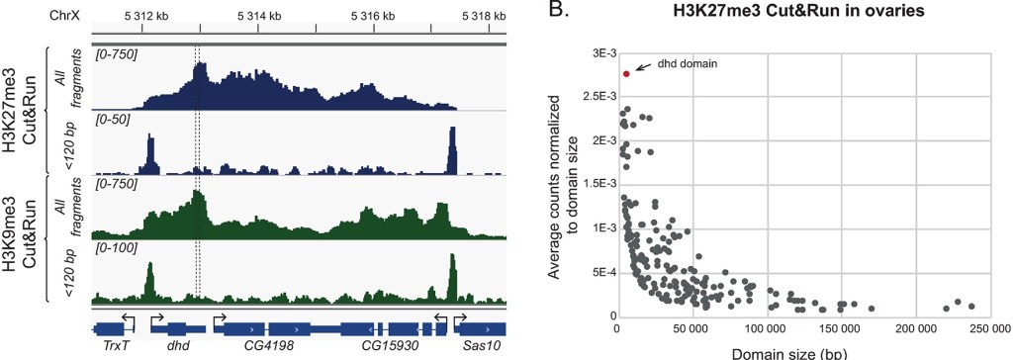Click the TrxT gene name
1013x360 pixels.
point(115,349)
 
